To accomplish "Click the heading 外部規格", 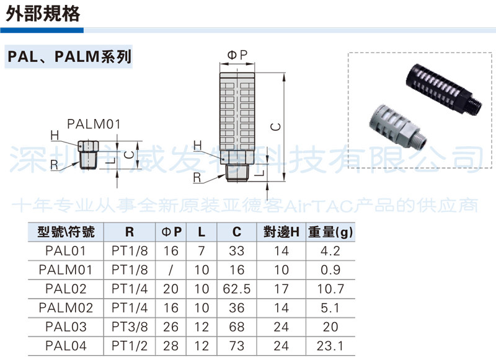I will pos(43,14).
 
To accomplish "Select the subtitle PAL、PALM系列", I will pos(69,58).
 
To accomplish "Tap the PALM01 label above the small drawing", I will pos(93,125).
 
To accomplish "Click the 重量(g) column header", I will pos(330,232).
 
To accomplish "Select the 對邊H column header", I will pos(281,232).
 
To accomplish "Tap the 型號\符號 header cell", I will pos(66,232).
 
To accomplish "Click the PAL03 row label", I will pos(66,326).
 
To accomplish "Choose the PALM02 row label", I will pos(66,307).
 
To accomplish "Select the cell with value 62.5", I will pos(237,289).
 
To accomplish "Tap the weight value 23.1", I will pos(330,345).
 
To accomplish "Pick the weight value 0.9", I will pos(330,270).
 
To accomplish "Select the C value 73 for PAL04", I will pos(237,345).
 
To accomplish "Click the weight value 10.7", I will pos(330,289).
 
